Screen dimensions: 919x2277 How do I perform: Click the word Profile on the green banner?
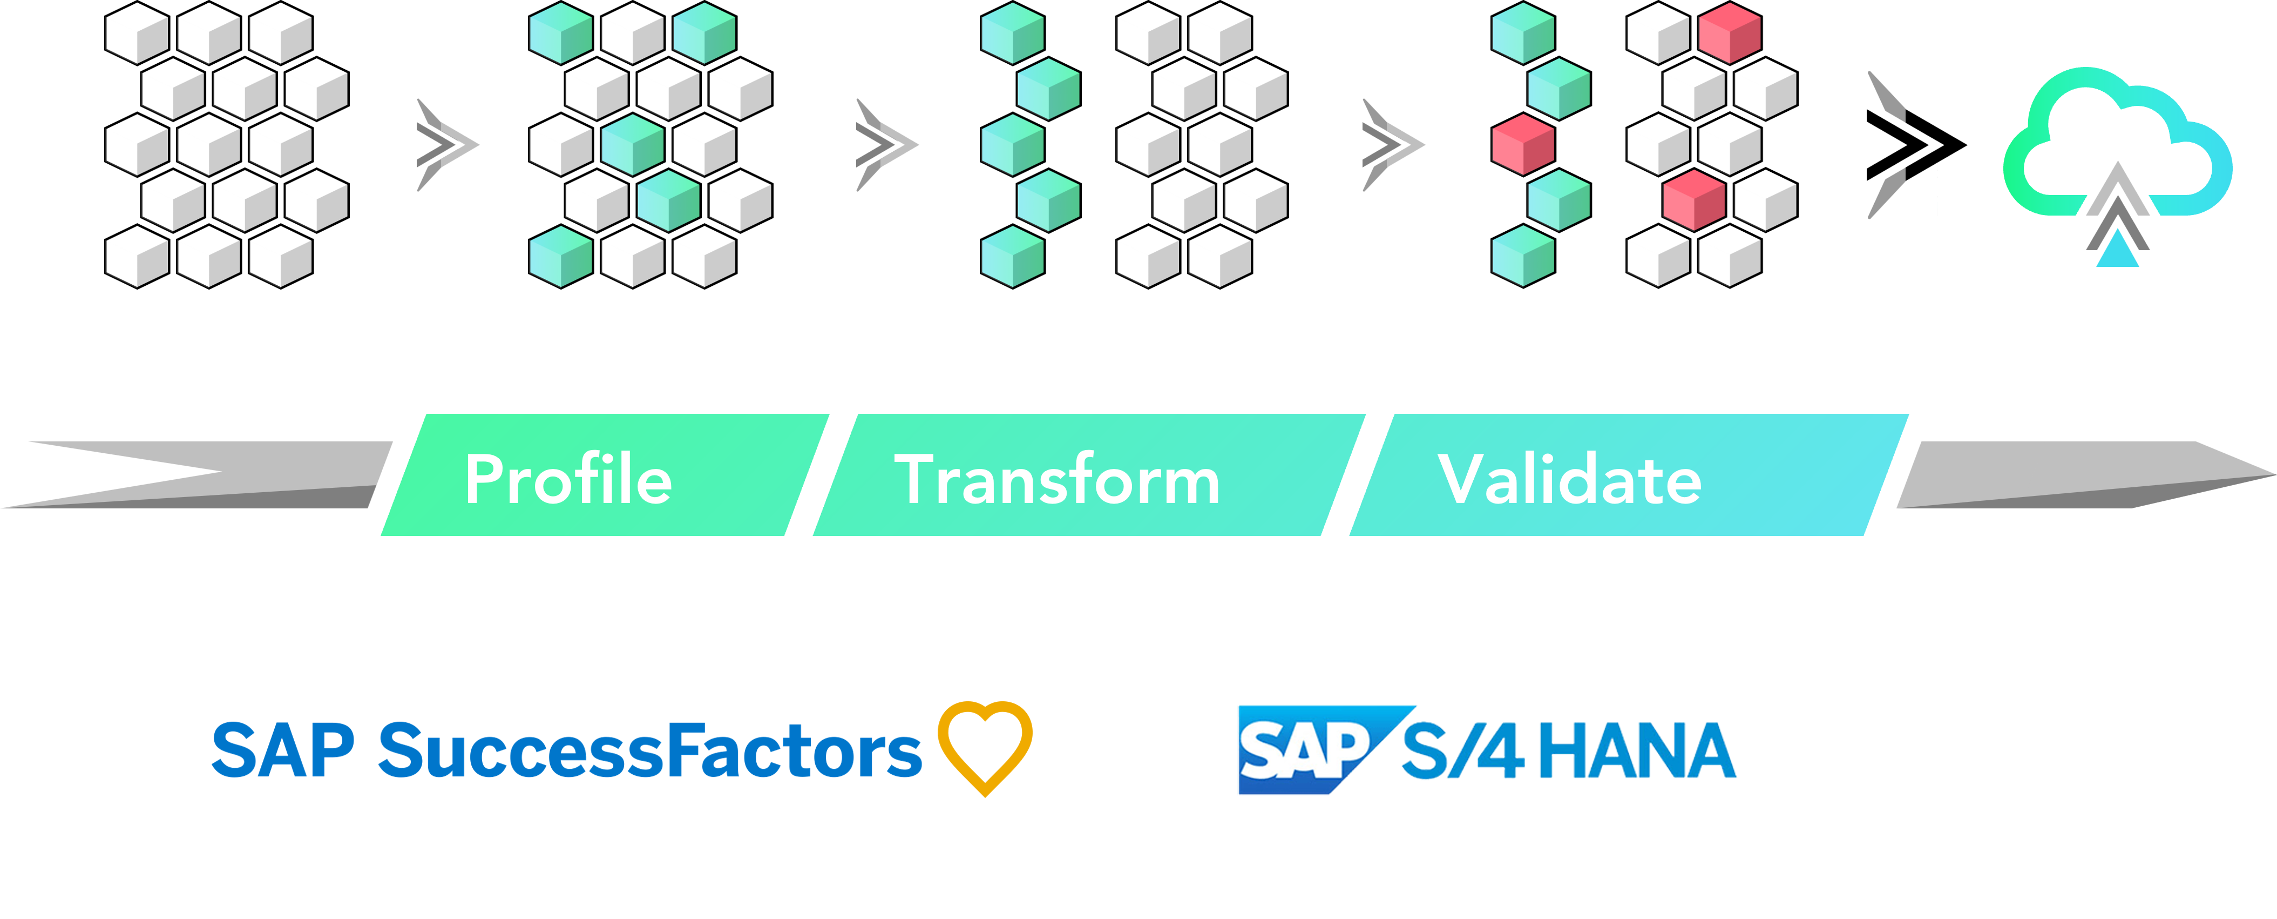(568, 479)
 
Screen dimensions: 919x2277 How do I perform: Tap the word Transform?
(1057, 479)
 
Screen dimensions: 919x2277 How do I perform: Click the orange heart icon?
(985, 746)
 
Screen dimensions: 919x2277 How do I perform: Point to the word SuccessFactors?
(650, 750)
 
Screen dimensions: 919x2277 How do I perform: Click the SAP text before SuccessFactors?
(283, 750)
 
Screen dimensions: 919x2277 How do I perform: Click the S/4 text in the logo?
(1463, 750)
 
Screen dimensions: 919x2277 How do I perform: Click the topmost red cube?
(1729, 33)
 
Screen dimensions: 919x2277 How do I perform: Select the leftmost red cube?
(1522, 144)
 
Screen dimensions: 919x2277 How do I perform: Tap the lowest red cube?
(1693, 200)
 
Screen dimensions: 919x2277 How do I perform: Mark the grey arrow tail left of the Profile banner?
(194, 475)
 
